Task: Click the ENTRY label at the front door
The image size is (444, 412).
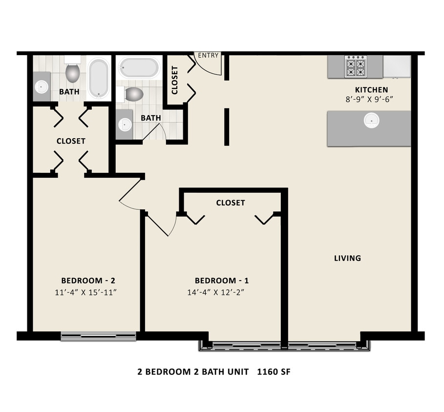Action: tap(208, 56)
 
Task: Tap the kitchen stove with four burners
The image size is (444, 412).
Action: tap(356, 66)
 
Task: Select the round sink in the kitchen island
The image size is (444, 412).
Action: tap(372, 121)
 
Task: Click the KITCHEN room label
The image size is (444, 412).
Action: tap(372, 90)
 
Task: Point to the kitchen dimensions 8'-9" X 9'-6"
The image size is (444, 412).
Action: tap(369, 100)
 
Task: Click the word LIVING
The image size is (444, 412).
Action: tap(347, 258)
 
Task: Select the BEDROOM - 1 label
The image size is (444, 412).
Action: tap(222, 281)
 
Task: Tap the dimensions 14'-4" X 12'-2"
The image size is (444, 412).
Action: tap(216, 292)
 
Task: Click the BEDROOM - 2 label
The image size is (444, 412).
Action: tap(88, 281)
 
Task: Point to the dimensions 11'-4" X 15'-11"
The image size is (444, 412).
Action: tap(86, 292)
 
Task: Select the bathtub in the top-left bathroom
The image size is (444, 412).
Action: tap(98, 79)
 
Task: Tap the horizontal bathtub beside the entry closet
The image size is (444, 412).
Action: tap(139, 68)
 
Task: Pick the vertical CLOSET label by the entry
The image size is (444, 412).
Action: tap(175, 81)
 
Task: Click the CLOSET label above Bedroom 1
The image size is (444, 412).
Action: tap(231, 203)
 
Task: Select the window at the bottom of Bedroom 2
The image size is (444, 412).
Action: tap(98, 336)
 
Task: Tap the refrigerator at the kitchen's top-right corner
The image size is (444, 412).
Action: tap(397, 66)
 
